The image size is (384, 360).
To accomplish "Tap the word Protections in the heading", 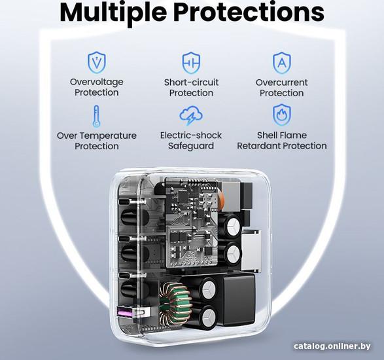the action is click(249, 12).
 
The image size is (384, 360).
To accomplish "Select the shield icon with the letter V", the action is click(97, 62).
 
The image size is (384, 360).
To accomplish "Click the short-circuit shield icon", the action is click(191, 62).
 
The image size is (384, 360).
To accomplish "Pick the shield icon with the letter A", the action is click(282, 63).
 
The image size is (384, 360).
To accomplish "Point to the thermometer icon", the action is click(96, 116).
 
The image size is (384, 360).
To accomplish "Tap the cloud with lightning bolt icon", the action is click(191, 115).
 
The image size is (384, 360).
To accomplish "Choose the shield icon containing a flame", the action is click(282, 115).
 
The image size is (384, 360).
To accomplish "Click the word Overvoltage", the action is click(96, 82).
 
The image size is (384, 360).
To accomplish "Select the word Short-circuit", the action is click(191, 82).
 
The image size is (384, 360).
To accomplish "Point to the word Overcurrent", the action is click(282, 82).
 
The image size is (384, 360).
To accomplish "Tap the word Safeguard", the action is click(191, 146).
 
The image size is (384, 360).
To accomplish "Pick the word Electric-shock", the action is click(191, 135).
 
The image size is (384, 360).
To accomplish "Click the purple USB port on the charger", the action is click(125, 312).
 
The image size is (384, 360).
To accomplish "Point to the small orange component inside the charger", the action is click(221, 198).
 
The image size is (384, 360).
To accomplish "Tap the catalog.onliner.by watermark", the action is click(332, 346).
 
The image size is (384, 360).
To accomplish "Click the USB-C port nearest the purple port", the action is click(125, 275).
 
